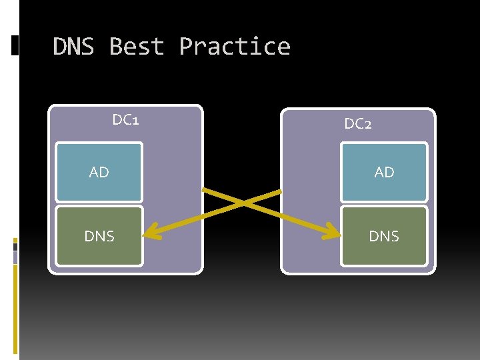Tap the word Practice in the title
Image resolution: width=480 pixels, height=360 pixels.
235,47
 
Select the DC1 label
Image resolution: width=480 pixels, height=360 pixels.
125,120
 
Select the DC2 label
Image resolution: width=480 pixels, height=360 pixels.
358,123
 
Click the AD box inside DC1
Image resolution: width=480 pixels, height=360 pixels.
99,172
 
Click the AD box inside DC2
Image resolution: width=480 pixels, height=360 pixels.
384,172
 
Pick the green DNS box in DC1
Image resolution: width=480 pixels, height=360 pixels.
99,235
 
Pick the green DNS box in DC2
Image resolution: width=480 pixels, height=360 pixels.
384,235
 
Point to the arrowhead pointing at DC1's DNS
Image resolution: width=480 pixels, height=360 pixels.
152,233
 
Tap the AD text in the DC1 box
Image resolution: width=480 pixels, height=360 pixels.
99,172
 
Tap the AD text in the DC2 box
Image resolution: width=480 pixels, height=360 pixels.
384,172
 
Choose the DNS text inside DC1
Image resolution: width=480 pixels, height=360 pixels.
99,235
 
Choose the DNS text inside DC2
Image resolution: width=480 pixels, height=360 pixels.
384,235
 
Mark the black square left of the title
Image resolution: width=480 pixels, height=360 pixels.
15,45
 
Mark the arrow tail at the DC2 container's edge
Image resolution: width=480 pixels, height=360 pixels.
280,192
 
